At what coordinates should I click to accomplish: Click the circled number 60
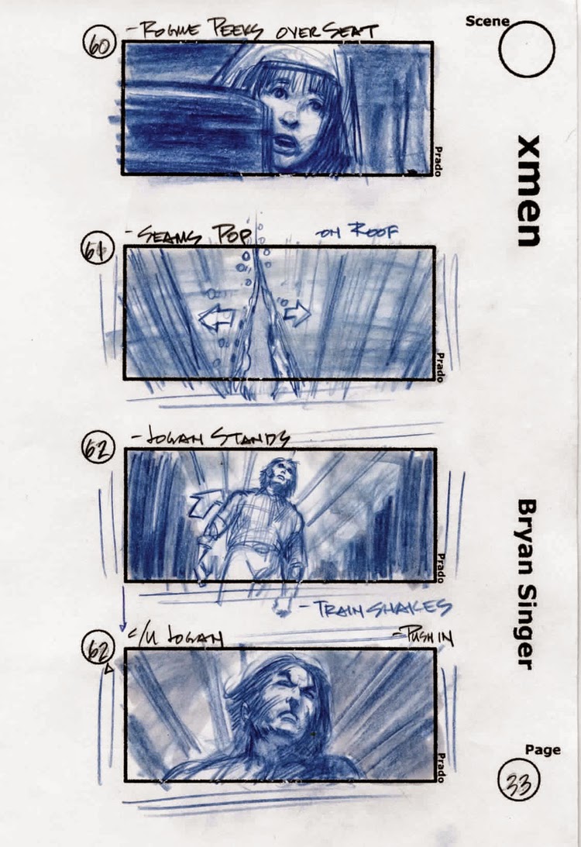98,43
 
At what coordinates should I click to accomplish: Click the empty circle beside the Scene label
527,48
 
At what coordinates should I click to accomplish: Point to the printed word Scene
486,22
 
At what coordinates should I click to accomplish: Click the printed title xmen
529,191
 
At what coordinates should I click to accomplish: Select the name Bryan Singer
528,584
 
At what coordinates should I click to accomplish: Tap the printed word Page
543,750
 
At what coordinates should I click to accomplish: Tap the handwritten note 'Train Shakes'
382,608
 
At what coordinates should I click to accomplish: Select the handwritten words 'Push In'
425,637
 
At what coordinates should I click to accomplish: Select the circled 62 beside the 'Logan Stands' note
99,449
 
